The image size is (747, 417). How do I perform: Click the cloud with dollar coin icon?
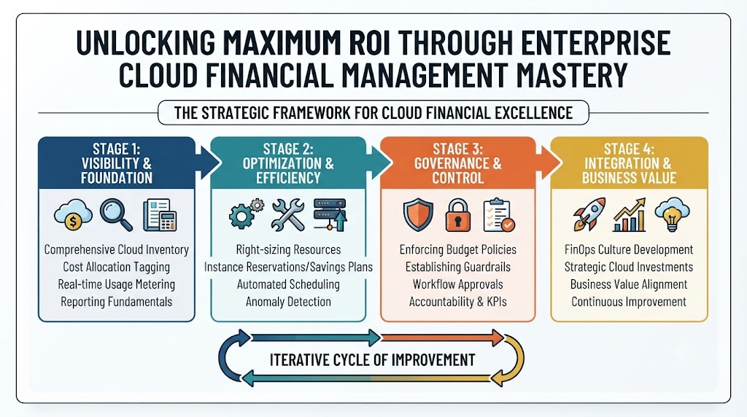point(73,215)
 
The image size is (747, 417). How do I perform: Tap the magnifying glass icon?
point(116,214)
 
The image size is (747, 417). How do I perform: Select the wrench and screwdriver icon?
point(287,214)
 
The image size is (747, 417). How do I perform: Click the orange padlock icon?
point(458,215)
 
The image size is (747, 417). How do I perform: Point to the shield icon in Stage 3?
point(418,215)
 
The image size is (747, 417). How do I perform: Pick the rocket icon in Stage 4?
point(589,214)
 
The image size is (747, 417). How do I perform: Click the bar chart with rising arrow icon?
point(630,214)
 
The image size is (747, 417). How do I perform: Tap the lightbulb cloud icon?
point(672,214)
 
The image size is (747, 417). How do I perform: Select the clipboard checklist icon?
point(498,215)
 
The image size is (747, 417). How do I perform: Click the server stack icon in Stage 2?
point(330,214)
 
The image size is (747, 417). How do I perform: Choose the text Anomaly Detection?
point(288,302)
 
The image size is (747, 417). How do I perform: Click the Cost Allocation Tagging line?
point(116,267)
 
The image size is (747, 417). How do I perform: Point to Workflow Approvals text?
point(458,284)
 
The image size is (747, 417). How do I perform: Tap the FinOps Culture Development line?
point(629,249)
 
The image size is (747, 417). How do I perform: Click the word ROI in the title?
point(367,42)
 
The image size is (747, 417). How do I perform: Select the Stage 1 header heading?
point(117,163)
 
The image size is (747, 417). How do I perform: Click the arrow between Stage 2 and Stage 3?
point(380,163)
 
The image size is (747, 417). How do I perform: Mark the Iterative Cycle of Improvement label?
point(372,360)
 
